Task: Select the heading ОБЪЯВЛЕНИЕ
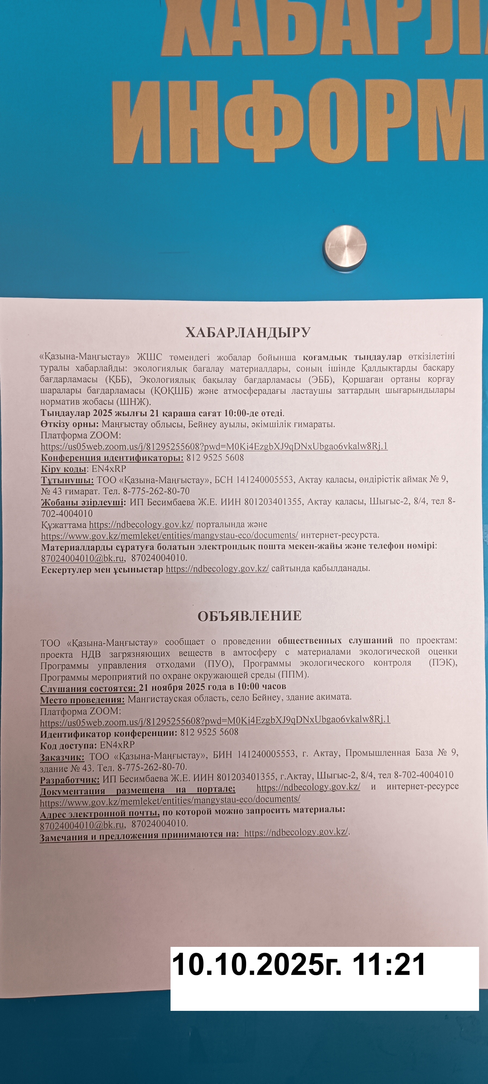249,616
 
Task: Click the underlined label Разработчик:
69,780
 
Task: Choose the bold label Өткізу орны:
69,424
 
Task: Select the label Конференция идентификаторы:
112,458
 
